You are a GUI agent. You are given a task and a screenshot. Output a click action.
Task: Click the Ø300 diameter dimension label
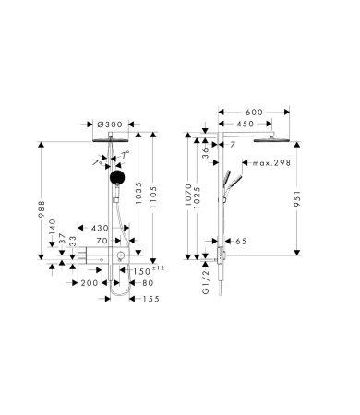[x=110, y=125]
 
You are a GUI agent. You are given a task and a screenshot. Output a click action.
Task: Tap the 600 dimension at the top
[x=254, y=113]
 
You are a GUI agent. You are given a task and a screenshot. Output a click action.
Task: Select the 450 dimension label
[x=246, y=124]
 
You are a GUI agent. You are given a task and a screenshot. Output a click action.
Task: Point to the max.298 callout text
[x=271, y=163]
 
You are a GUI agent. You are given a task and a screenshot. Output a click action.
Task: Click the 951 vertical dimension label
[x=297, y=198]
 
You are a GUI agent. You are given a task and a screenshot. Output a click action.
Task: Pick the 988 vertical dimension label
[x=42, y=209]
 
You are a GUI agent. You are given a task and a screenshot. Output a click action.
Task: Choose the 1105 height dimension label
[x=153, y=197]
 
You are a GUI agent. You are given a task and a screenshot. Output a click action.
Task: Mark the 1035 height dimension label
[x=138, y=193]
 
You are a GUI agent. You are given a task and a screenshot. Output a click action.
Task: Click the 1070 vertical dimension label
[x=188, y=195]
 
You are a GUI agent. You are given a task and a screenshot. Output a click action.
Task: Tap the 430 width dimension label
[x=100, y=228]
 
